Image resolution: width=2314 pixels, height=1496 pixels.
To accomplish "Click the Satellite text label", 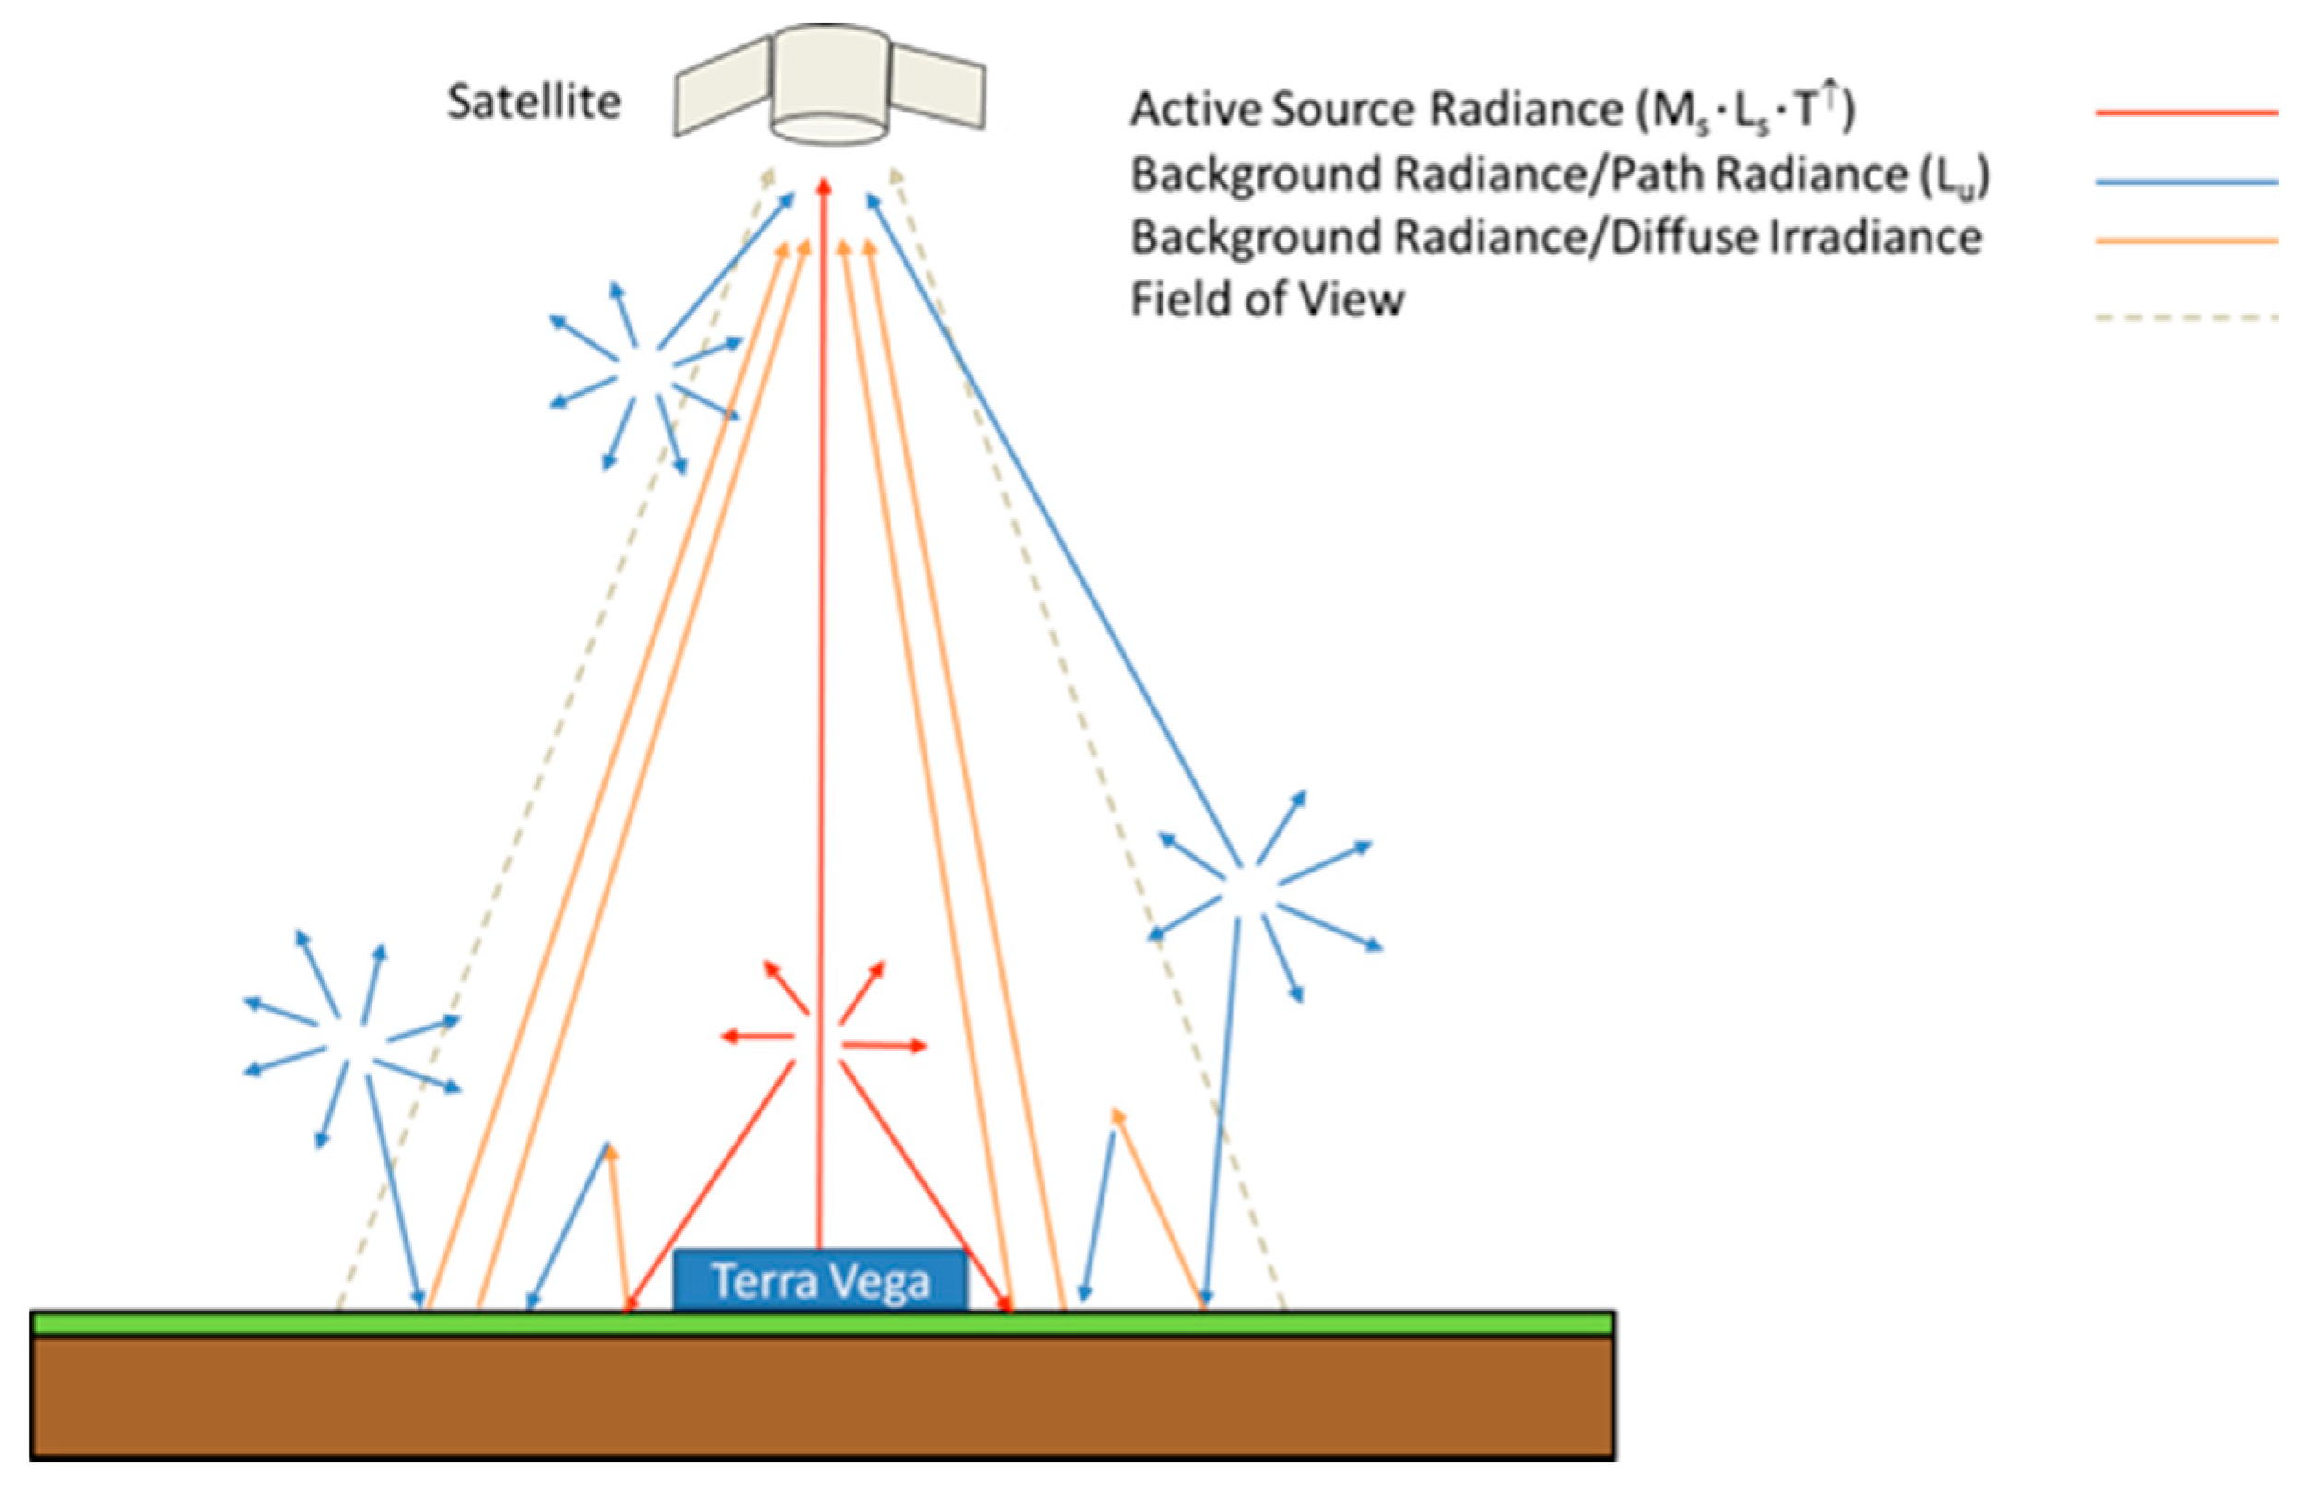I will coord(533,102).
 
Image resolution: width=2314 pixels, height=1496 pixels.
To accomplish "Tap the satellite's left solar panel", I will coord(723,87).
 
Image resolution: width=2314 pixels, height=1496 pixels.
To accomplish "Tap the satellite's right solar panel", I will coord(937,87).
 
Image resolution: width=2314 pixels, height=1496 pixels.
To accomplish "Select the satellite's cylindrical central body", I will coord(830,83).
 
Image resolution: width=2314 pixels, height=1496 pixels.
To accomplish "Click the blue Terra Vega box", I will coord(821,1280).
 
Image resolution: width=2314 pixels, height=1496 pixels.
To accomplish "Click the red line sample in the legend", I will coord(2186,113).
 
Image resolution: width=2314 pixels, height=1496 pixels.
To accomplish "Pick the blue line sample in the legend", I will coord(2186,182).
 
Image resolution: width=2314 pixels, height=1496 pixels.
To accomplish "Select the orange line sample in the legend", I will coord(2186,240).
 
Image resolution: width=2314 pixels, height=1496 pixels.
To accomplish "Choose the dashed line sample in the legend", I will coord(2186,316).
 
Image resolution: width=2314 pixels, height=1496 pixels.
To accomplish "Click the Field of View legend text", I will coord(1268,299).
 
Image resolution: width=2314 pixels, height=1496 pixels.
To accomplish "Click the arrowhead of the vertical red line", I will coord(823,186).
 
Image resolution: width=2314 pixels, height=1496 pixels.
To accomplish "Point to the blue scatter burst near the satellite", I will coord(643,374).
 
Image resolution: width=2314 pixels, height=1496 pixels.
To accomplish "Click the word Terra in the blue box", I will coord(762,1280).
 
